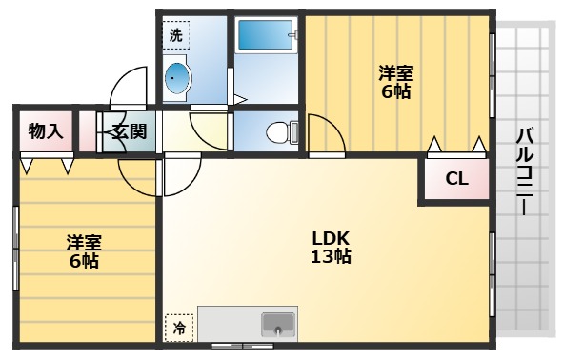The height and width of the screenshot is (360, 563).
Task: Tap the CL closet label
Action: pos(456,178)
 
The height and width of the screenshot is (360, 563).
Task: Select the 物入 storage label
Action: pos(45,131)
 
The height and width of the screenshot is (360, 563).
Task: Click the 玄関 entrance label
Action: pos(129,131)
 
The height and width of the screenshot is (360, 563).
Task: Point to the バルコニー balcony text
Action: pos(524,171)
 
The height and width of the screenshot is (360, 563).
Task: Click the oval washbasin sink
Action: pos(177,80)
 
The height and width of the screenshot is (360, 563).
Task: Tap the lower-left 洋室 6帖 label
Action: pos(83,250)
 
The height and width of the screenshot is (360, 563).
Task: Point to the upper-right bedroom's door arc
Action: pos(324,133)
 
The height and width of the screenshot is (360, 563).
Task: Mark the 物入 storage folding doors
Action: pos(45,165)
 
